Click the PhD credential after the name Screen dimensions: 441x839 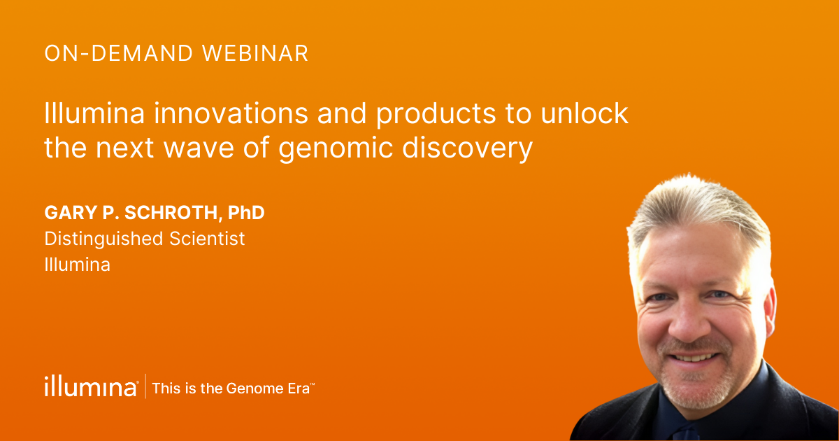click(246, 212)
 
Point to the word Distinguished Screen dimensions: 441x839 click(104, 239)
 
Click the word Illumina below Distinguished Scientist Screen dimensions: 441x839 click(77, 265)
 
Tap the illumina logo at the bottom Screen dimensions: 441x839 click(91, 386)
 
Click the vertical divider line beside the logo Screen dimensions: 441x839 click(145, 386)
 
